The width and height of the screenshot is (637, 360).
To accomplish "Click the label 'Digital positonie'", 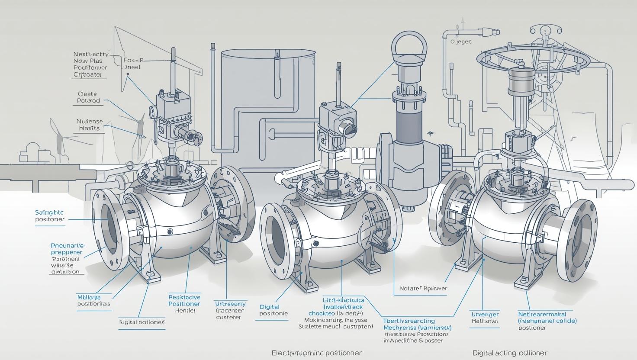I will (273, 310).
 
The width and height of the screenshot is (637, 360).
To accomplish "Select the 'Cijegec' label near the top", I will (461, 42).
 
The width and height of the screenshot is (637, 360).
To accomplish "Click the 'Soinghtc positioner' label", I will (49, 216).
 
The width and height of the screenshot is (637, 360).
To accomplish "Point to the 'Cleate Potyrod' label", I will (88, 97).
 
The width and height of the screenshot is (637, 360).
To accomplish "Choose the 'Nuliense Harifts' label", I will (90, 125).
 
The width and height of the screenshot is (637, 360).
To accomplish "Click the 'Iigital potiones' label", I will (142, 322).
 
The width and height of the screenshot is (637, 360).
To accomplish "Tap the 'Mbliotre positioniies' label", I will (93, 300).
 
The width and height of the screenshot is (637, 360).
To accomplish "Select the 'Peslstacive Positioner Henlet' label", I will (184, 304).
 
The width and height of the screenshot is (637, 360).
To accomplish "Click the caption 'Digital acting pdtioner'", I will (510, 353).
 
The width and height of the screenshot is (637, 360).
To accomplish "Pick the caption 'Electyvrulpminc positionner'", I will (316, 353).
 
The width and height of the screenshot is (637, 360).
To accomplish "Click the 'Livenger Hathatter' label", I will (485, 318).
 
